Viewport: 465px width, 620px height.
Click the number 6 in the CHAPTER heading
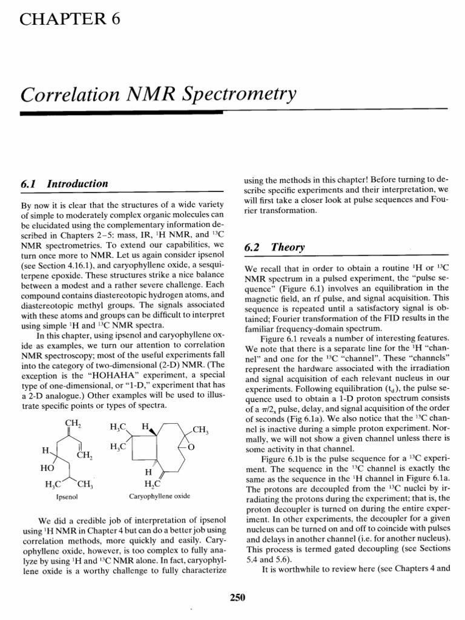point(113,19)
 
